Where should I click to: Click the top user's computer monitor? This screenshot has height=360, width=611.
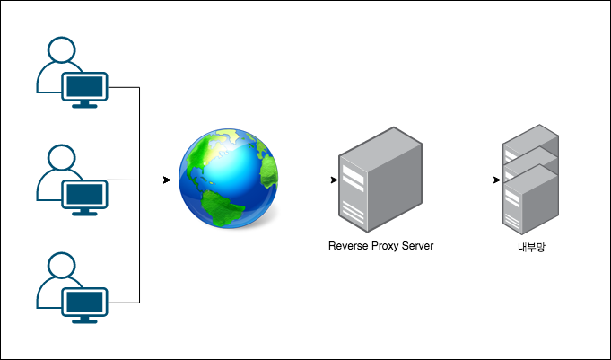(x=84, y=85)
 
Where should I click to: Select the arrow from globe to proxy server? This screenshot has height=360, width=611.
(x=307, y=180)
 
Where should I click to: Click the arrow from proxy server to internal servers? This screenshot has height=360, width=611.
(x=461, y=180)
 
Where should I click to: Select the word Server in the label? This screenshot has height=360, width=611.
(x=419, y=245)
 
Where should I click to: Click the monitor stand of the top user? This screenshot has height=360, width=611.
(x=84, y=103)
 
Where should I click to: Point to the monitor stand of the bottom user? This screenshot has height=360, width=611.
(x=84, y=319)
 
